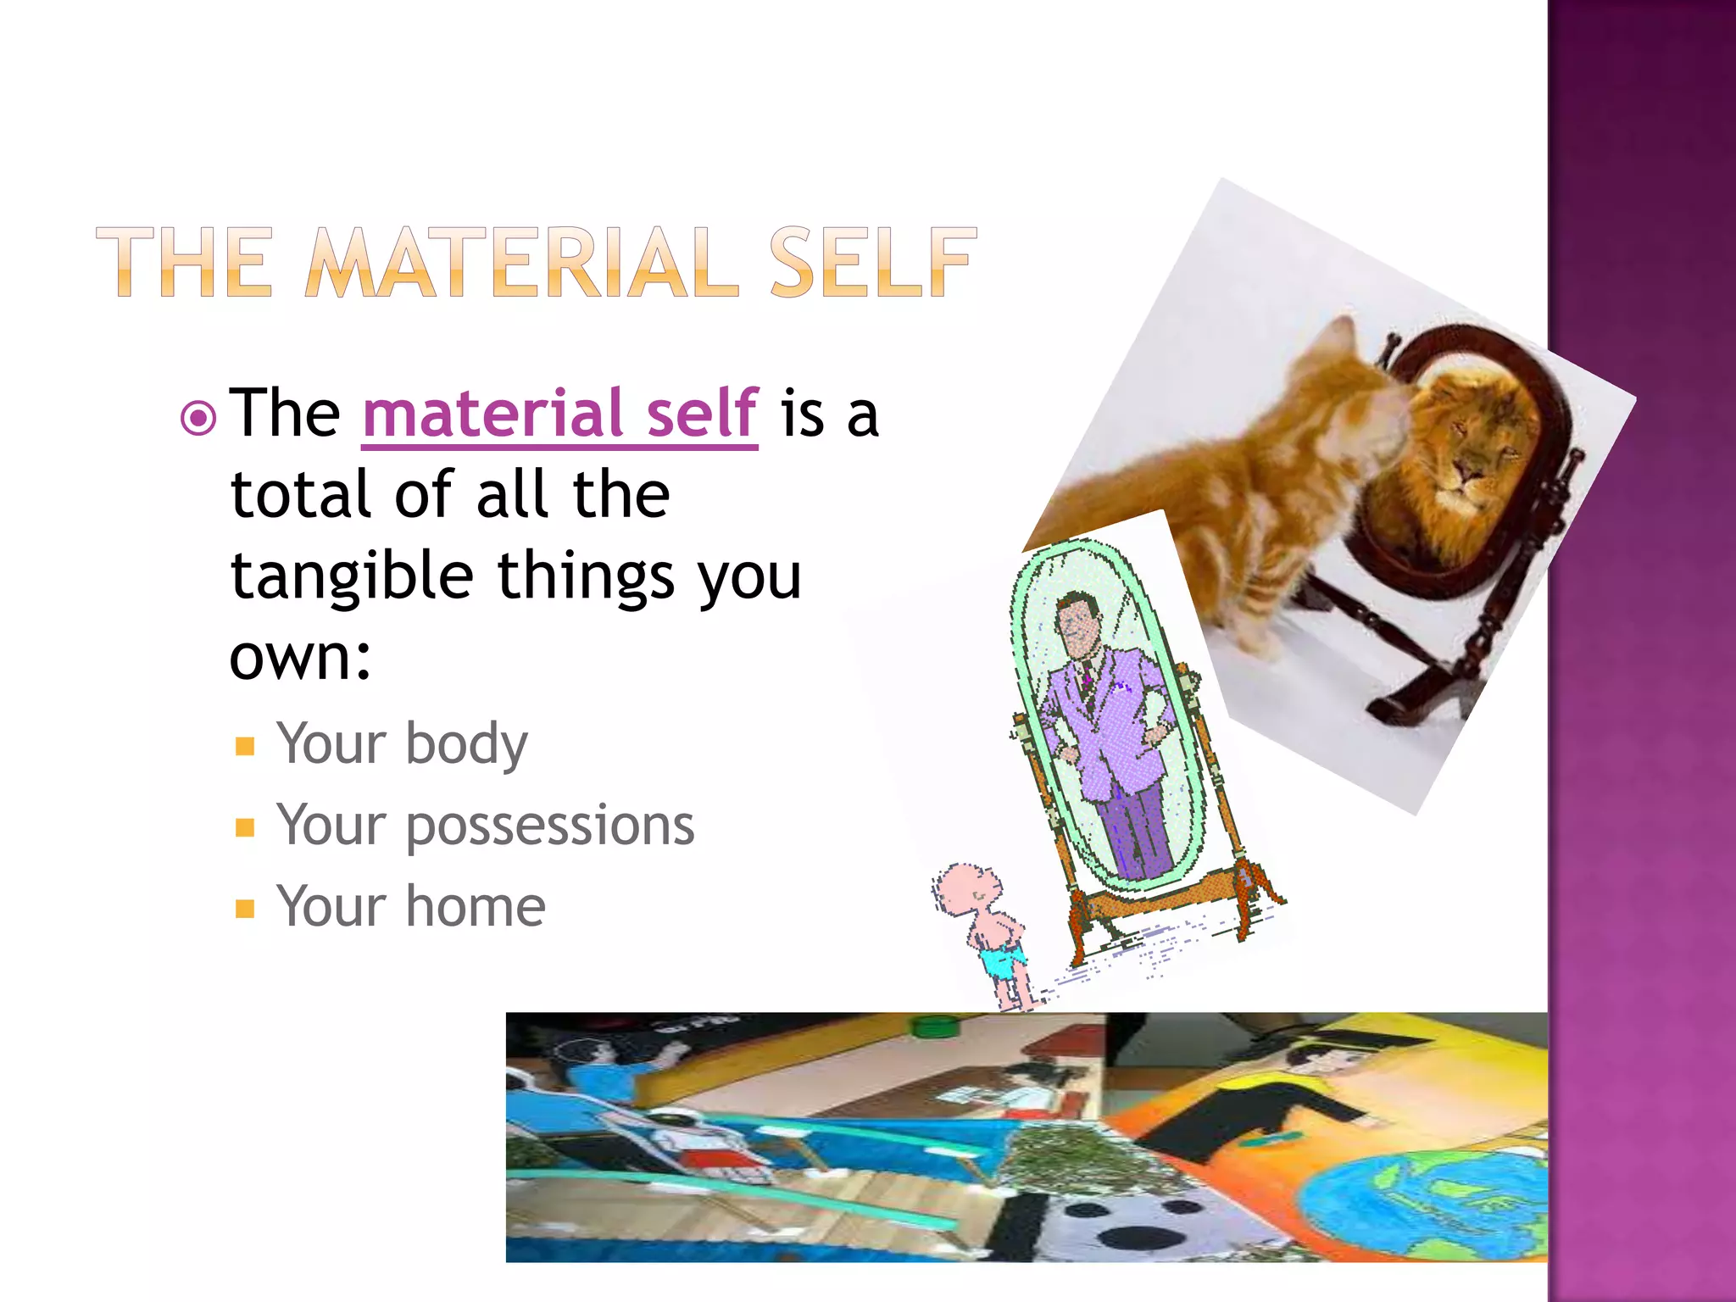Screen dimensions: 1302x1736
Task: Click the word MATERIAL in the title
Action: [x=521, y=263]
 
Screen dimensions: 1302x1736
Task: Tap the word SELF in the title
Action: [x=873, y=263]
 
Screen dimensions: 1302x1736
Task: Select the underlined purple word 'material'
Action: [x=492, y=413]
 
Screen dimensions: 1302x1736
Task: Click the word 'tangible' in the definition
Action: [x=352, y=576]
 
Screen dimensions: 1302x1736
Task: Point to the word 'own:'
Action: [x=300, y=657]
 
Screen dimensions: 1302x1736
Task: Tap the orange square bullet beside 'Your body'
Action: [x=245, y=746]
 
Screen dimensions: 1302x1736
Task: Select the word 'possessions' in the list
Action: [x=550, y=826]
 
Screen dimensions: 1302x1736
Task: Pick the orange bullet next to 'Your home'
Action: [x=245, y=910]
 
